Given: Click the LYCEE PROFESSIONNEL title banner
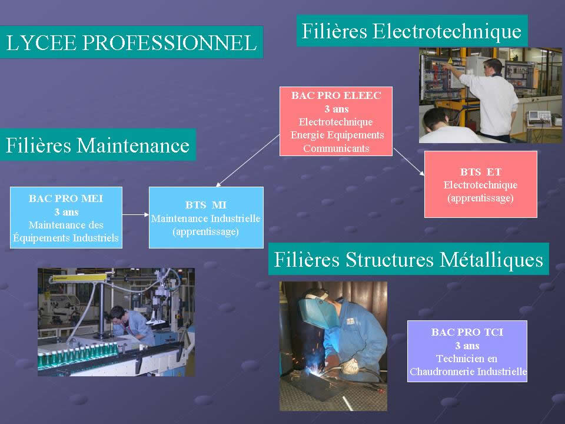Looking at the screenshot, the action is pos(131,42).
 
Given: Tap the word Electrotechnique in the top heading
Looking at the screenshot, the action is pos(447,31).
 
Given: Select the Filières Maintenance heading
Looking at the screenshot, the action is pos(98,145).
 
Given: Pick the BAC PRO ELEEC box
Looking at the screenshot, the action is pos(336,121).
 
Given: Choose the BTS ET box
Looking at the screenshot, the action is pos(481,184).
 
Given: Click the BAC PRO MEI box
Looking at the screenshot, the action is pos(66,217).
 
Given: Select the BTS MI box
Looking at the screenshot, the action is pos(206,217).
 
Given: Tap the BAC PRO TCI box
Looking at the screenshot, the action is pos(467,351).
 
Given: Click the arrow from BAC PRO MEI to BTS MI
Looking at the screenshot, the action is pos(136,214).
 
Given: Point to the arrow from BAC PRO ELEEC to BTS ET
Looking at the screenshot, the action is pos(408,161).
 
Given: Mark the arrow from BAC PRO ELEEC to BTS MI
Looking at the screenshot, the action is pos(248,160).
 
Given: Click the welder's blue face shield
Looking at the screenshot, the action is pos(317,310).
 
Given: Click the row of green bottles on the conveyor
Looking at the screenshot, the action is pos(78,355).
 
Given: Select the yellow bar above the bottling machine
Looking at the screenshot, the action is pos(79,278).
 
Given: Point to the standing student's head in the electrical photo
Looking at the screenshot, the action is pos(493,67).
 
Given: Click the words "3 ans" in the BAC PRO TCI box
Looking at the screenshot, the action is pos(467,346).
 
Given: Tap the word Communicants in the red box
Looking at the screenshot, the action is pos(336,148).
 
